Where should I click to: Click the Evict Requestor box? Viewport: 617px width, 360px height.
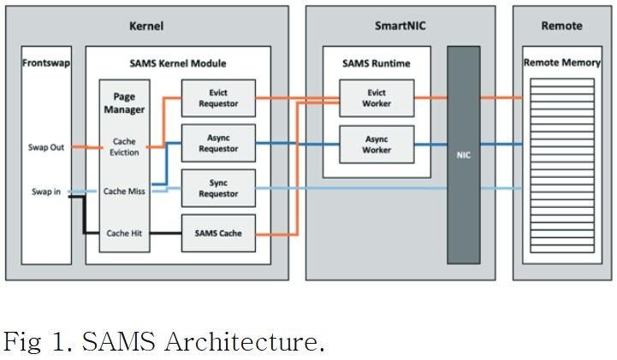tap(218, 97)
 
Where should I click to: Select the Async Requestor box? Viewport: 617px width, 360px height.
tap(218, 144)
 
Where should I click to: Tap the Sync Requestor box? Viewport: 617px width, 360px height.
tap(218, 188)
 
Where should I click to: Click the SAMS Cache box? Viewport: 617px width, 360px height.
tap(218, 233)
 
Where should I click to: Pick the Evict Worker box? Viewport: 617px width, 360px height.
tap(377, 97)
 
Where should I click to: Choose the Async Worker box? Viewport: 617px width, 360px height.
tap(377, 144)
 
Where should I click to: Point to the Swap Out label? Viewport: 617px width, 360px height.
tap(46, 148)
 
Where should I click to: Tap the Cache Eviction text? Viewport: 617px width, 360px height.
tap(125, 147)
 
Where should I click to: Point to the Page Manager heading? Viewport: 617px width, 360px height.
tap(125, 103)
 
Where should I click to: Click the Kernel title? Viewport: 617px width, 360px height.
tap(145, 27)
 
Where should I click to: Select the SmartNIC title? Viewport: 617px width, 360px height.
tap(400, 27)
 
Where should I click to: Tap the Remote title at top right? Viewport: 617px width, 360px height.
tap(562, 27)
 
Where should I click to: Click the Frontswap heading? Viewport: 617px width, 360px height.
tap(47, 62)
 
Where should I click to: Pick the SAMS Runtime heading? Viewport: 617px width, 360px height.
tap(377, 62)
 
